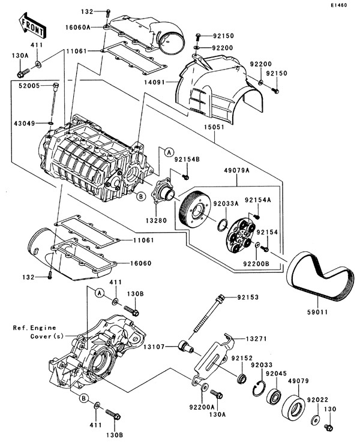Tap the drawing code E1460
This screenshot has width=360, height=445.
[339, 5]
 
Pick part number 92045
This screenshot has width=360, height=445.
[276, 374]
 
